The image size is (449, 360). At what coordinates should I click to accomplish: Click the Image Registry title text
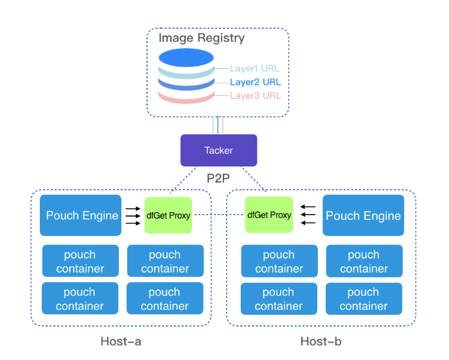tap(202, 38)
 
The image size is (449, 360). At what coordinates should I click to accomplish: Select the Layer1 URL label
tap(255, 68)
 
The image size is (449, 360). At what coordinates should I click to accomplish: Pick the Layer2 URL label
tap(255, 82)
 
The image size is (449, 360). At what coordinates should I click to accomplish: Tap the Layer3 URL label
tap(255, 96)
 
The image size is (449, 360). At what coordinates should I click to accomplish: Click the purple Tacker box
tap(218, 150)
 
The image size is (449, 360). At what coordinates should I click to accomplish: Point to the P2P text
tap(218, 178)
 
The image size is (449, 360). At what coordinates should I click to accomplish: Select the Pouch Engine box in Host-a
tap(80, 215)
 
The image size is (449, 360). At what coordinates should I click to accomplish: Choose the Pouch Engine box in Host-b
tap(364, 216)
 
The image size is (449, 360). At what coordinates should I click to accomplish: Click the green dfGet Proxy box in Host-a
tap(168, 215)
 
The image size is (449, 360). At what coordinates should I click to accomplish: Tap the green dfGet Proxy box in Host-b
tap(269, 215)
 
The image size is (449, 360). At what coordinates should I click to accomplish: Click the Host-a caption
tap(121, 341)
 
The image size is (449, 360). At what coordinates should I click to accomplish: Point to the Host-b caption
tap(320, 341)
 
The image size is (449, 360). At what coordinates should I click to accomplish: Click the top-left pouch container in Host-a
tap(80, 261)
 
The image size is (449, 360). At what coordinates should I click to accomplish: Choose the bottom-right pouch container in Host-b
tap(364, 299)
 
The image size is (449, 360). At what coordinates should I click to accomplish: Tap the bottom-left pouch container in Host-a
tap(80, 299)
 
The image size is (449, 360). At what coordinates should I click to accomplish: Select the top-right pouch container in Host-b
tap(364, 261)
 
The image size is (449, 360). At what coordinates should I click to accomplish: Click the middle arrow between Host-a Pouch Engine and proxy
tap(133, 215)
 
